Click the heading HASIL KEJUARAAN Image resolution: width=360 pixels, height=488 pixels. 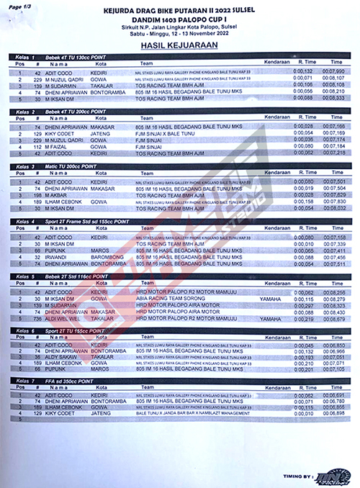181,44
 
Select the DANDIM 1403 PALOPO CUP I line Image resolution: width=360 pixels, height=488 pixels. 181,20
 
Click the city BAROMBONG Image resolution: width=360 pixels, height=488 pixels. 109,256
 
